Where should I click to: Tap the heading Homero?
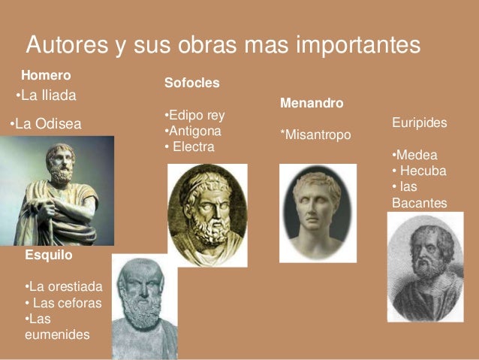pyautogui.click(x=46, y=75)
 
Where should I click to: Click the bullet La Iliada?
pyautogui.click(x=47, y=95)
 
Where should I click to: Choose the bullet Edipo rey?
pyautogui.click(x=194, y=116)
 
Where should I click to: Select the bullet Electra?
pyautogui.click(x=191, y=147)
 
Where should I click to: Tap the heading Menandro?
pyautogui.click(x=311, y=101)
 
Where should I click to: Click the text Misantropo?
pyautogui.click(x=315, y=134)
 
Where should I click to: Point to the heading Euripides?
pyautogui.click(x=419, y=122)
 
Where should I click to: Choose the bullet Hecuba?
pyautogui.click(x=420, y=171)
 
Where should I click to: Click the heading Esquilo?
pyautogui.click(x=49, y=256)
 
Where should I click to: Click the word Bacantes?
pyautogui.click(x=419, y=202)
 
